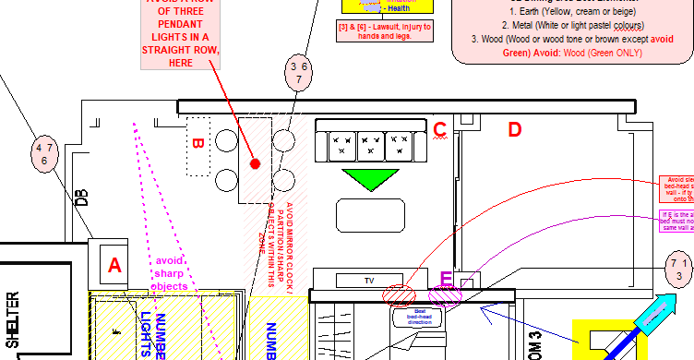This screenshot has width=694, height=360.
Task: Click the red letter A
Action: pos(114,266)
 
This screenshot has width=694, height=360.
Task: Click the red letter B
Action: pos(197,144)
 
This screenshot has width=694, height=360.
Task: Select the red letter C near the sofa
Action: pos(440,129)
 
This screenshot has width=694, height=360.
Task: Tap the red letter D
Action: pos(515,129)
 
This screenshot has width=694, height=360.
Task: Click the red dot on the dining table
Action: pos(256,163)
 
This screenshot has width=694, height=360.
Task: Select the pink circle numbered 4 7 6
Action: pos(44,154)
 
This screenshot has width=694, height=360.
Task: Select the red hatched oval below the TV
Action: pos(401,296)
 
